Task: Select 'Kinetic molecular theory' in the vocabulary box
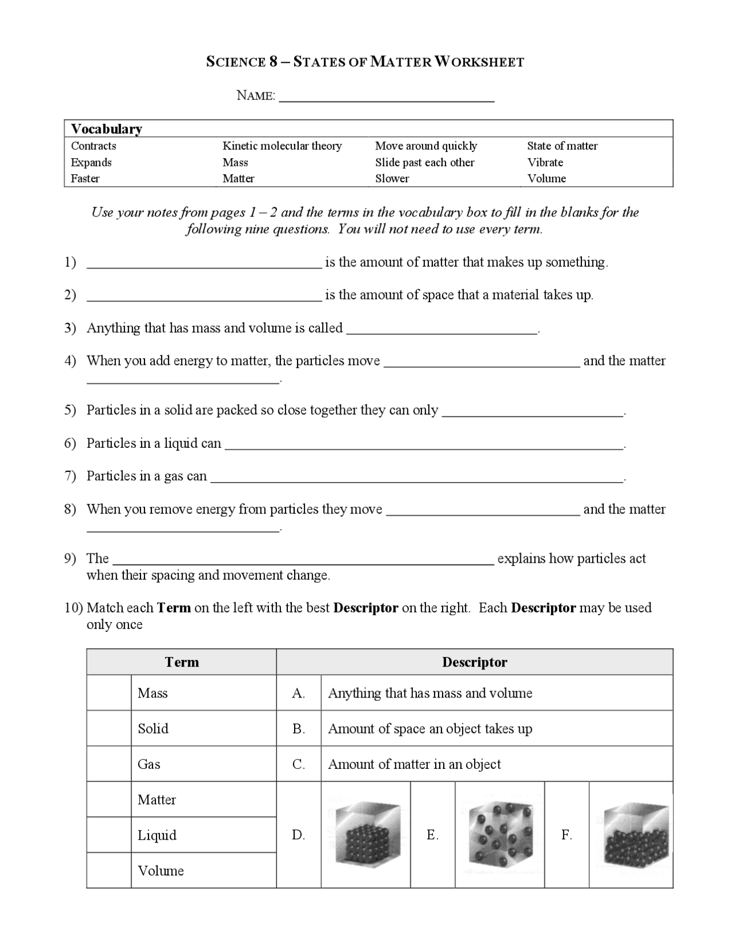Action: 282,146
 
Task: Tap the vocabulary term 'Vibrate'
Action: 545,163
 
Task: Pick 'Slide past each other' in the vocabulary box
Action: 424,163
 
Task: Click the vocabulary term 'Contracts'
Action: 93,146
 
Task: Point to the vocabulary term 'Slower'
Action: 392,179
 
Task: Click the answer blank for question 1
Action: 204,264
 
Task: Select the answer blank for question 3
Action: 442,330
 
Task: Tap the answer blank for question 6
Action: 423,446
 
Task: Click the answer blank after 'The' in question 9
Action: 303,560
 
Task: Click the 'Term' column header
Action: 182,662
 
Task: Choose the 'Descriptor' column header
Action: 474,662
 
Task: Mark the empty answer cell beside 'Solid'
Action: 109,728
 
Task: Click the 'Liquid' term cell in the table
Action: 203,835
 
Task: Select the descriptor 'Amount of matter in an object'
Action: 414,764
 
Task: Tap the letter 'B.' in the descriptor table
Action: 299,729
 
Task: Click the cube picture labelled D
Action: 366,835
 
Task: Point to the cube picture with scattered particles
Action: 500,835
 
